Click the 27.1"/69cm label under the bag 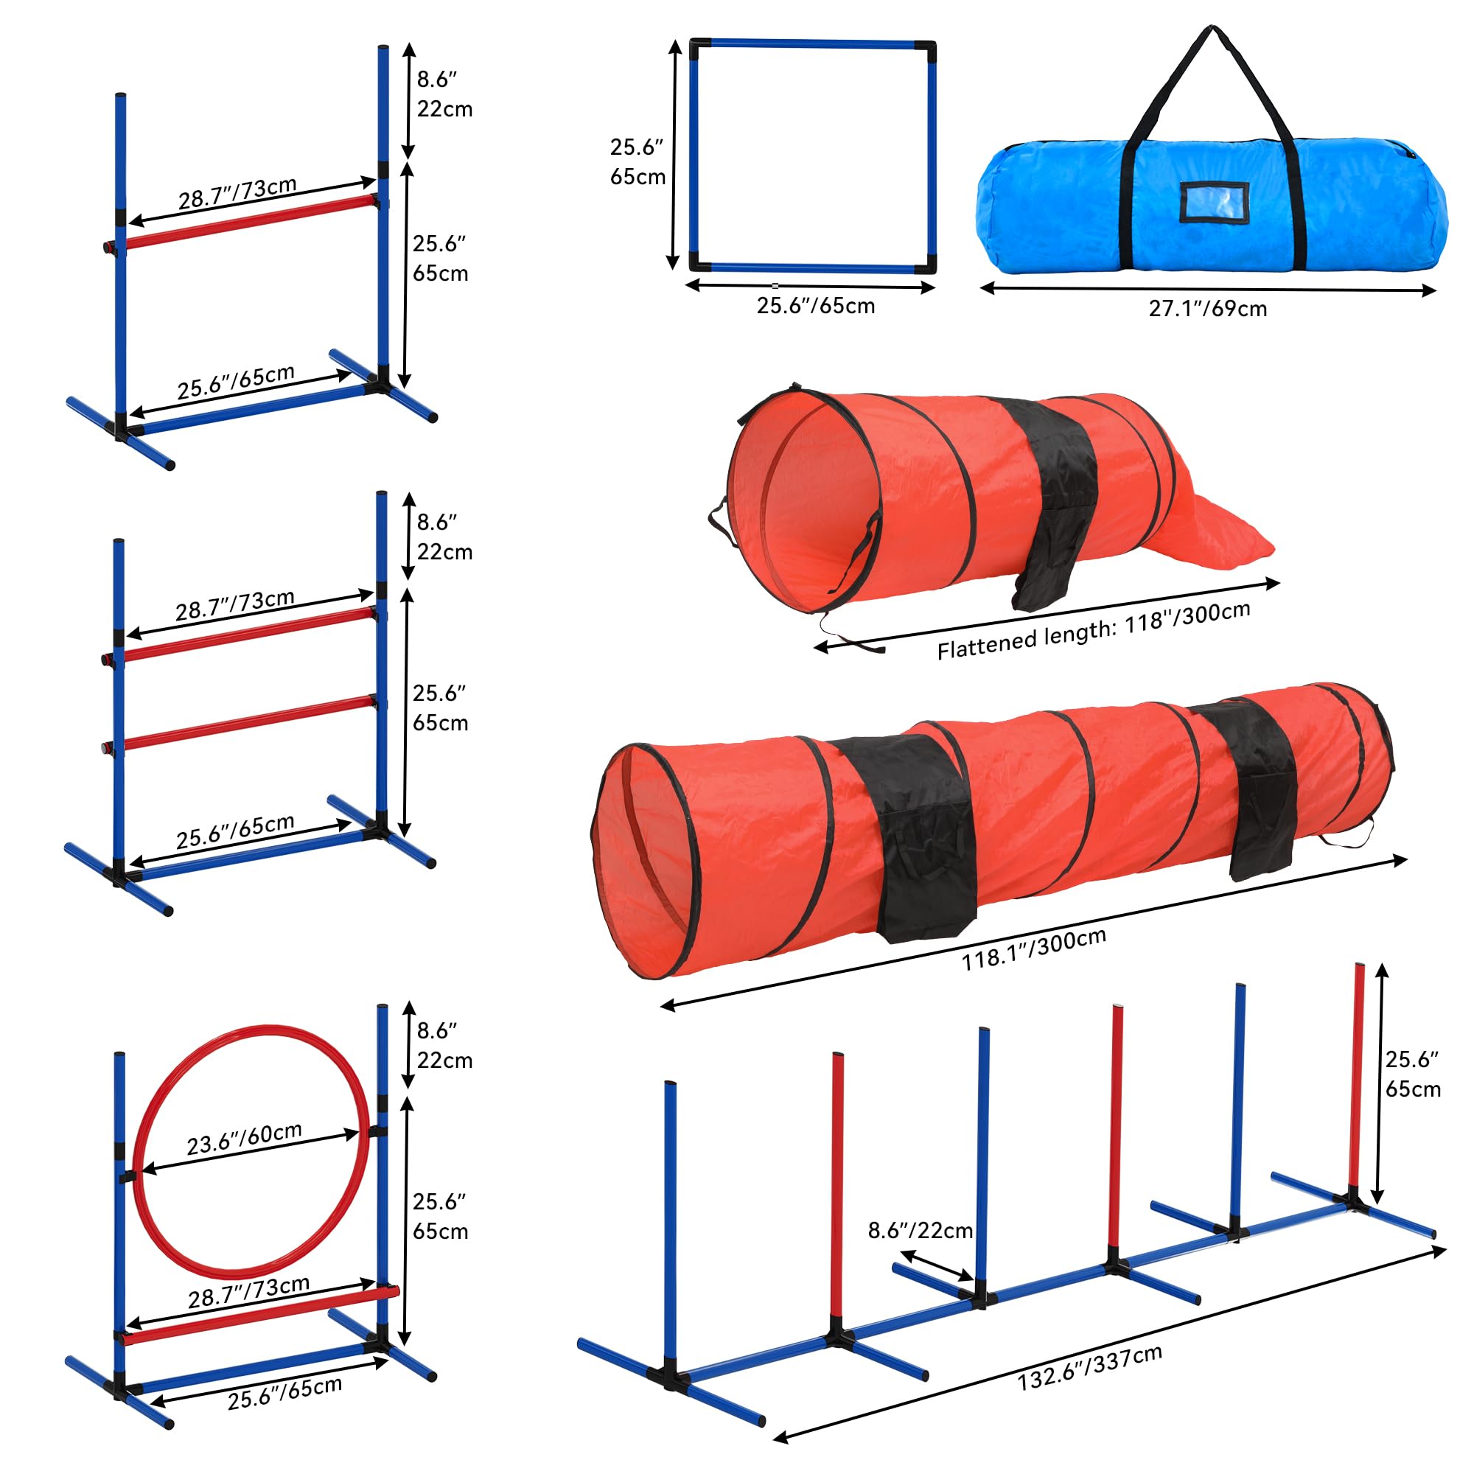click(1207, 308)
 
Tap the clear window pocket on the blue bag click(1214, 203)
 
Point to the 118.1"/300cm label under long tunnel click(1033, 950)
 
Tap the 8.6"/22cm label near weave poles click(920, 1230)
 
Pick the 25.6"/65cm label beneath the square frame click(815, 306)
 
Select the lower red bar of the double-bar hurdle click(248, 721)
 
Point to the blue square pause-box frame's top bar click(812, 44)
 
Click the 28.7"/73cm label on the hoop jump click(248, 1293)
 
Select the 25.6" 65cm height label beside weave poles click(1412, 1074)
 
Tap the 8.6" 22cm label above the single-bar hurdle click(444, 94)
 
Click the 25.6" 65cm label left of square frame click(637, 161)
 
